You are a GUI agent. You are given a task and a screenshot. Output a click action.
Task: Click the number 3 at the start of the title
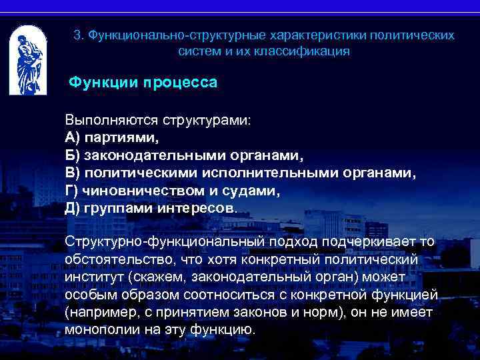pyautogui.click(x=77, y=35)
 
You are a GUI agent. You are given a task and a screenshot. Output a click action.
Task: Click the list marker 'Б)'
pyautogui.click(x=73, y=156)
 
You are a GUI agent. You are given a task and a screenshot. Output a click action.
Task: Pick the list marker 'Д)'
pyautogui.click(x=73, y=208)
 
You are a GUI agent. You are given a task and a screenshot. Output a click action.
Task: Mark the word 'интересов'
pyautogui.click(x=197, y=208)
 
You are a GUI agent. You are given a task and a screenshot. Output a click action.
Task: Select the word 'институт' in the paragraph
pyautogui.click(x=94, y=276)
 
